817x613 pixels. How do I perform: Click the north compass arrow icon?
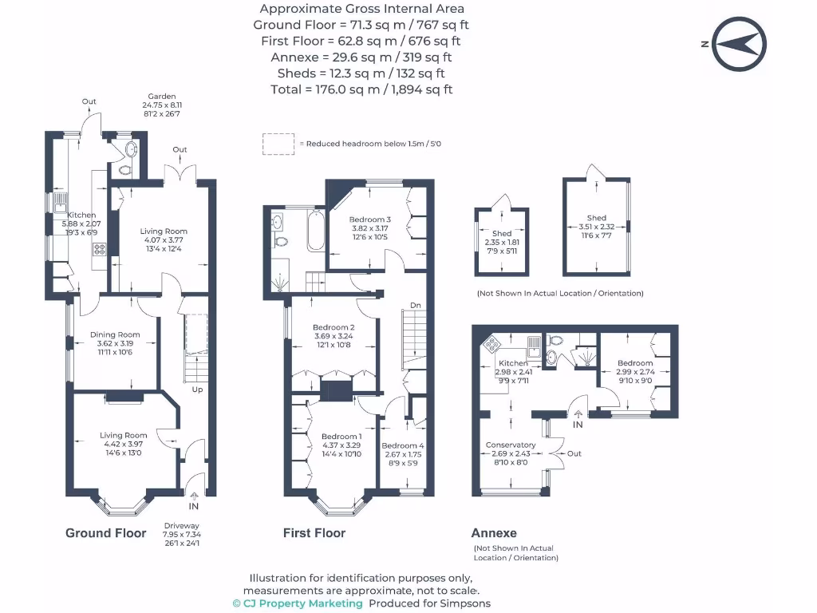739,45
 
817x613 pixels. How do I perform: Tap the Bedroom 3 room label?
370,219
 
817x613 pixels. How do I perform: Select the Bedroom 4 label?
403,445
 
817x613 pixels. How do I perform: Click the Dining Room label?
114,335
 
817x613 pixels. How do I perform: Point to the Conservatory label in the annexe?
509,445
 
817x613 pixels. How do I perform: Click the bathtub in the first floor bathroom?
311,231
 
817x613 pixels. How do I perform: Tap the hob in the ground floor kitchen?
100,248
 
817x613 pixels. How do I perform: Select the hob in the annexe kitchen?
490,345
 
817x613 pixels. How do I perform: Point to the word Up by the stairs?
196,390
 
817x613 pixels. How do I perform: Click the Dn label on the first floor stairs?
415,306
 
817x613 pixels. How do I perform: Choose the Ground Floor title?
105,533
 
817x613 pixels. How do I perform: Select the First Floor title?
314,533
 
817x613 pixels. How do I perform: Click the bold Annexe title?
494,533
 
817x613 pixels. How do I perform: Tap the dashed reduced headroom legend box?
278,144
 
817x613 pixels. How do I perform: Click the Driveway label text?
181,525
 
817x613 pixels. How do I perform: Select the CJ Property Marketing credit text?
297,603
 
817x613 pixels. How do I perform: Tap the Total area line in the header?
361,89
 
